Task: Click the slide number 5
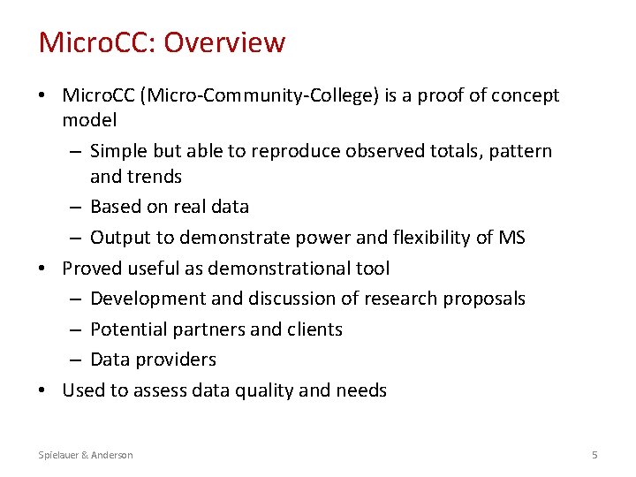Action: click(x=594, y=455)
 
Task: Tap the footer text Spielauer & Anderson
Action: click(x=86, y=455)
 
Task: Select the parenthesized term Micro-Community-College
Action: click(x=269, y=95)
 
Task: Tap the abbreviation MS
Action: click(x=511, y=237)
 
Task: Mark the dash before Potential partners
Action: click(x=76, y=329)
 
